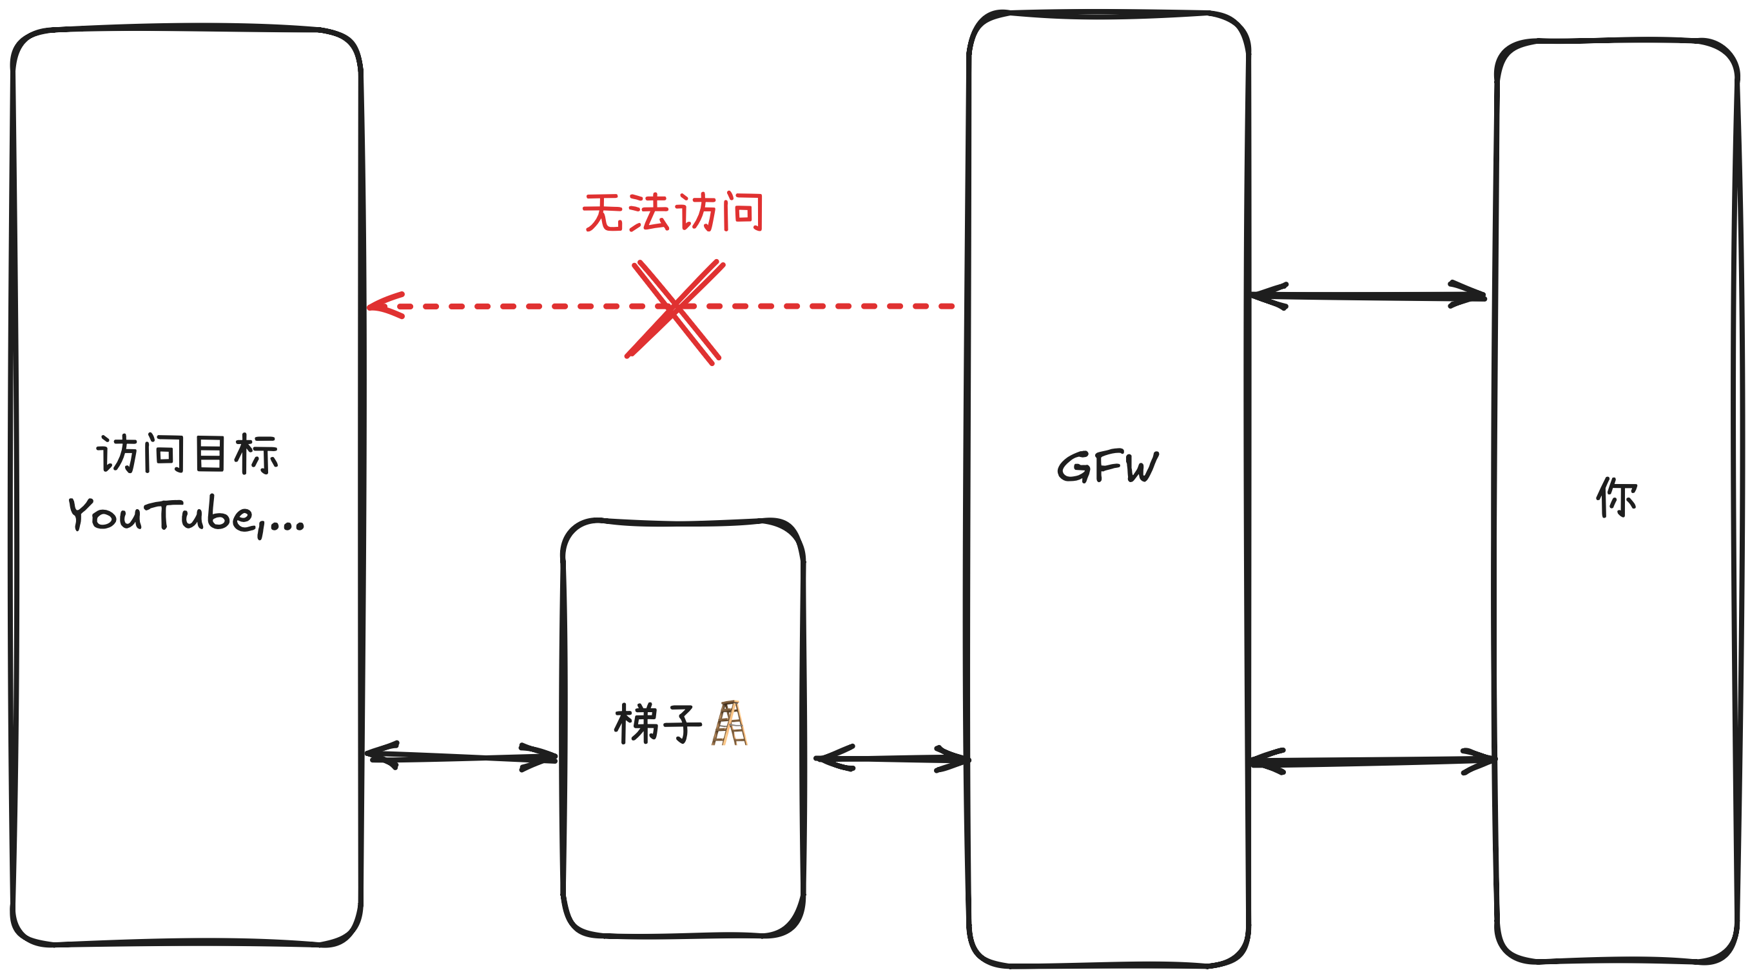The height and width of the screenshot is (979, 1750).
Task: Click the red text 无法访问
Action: coord(672,213)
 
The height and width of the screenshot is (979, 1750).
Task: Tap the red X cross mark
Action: coord(675,311)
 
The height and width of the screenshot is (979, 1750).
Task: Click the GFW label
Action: coord(1107,467)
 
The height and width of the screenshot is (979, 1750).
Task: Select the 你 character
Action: coord(1616,498)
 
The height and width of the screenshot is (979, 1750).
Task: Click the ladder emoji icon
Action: coord(729,724)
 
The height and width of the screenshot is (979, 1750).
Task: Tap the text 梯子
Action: coord(657,724)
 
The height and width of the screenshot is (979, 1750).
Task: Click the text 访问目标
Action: coord(188,454)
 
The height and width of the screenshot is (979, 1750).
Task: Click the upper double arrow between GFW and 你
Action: coord(1368,296)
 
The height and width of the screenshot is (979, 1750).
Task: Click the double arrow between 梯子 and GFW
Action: coord(891,758)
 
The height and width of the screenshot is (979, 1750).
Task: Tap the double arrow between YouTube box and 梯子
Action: coord(462,756)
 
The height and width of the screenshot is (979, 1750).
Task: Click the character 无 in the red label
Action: coord(602,213)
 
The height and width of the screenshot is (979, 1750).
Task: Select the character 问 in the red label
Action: coord(743,212)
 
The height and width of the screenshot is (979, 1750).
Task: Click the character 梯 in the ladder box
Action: coord(635,724)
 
